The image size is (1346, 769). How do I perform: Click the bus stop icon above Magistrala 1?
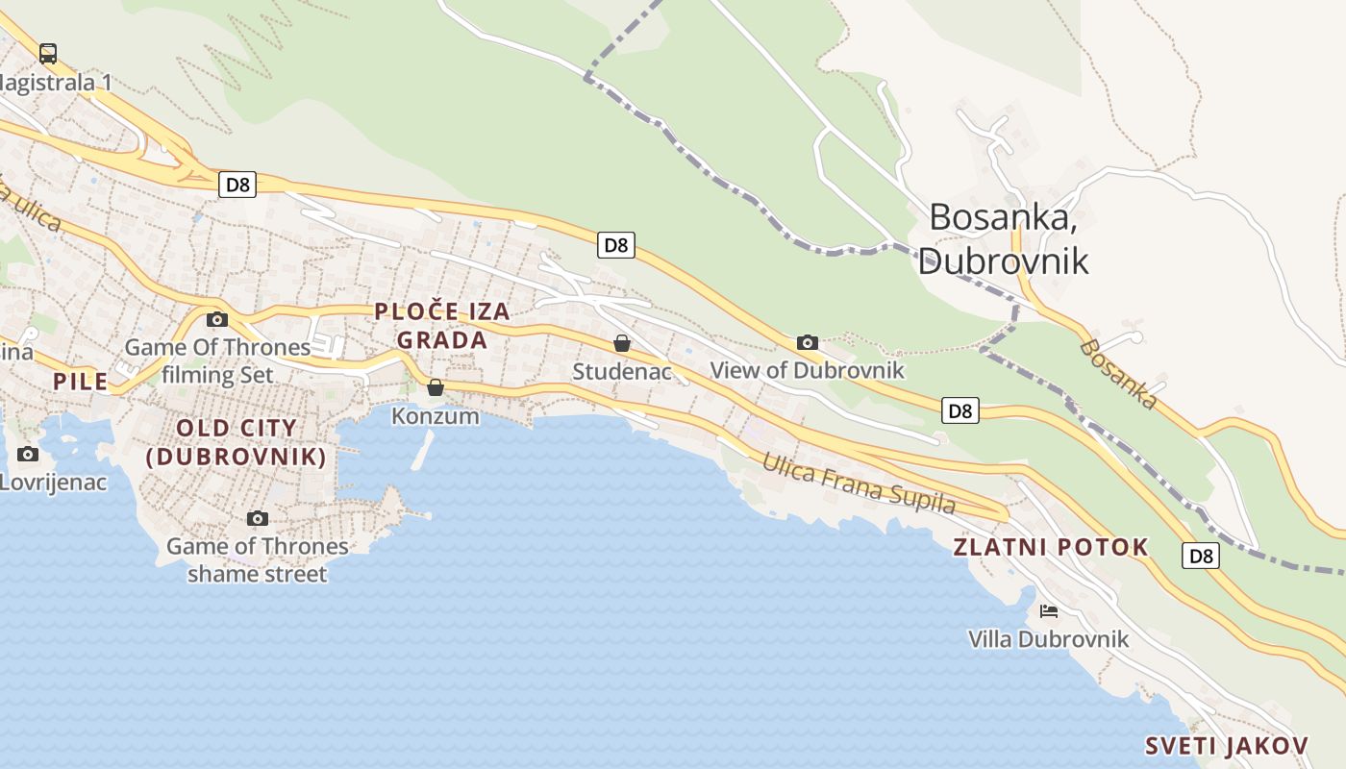tap(47, 54)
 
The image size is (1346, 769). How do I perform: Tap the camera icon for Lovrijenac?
tap(28, 454)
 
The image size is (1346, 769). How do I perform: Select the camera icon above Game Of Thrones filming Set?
tap(217, 319)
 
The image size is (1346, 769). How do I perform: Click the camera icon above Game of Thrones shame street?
tap(257, 519)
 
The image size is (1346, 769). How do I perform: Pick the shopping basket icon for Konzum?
tap(436, 387)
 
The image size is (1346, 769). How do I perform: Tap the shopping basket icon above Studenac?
tap(622, 343)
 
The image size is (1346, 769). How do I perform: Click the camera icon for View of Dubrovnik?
tap(808, 342)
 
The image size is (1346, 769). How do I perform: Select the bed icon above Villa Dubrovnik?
tap(1048, 610)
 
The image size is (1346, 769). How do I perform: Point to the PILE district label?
tap(81, 382)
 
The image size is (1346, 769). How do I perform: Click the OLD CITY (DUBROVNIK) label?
tap(237, 442)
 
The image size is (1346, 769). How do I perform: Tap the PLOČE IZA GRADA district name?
tap(442, 325)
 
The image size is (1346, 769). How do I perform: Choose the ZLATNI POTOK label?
tap(1051, 548)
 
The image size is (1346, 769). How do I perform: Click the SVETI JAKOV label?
tap(1227, 746)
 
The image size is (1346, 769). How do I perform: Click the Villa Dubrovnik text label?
tap(1048, 639)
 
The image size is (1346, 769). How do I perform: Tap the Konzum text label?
tap(436, 416)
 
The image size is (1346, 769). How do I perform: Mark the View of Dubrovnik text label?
tap(808, 370)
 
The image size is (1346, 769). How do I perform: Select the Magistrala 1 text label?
tap(56, 83)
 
